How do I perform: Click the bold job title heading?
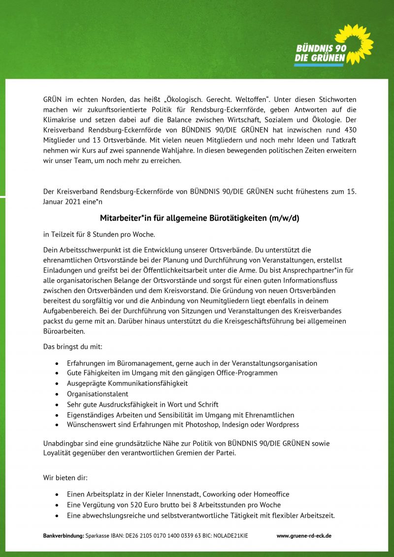(x=199, y=218)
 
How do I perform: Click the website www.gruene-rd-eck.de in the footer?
(x=304, y=535)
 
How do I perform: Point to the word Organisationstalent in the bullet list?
(x=98, y=394)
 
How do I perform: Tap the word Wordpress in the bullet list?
(x=282, y=425)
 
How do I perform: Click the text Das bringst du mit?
(x=73, y=347)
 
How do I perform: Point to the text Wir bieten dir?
(x=66, y=478)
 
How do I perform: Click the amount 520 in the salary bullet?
(x=137, y=505)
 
